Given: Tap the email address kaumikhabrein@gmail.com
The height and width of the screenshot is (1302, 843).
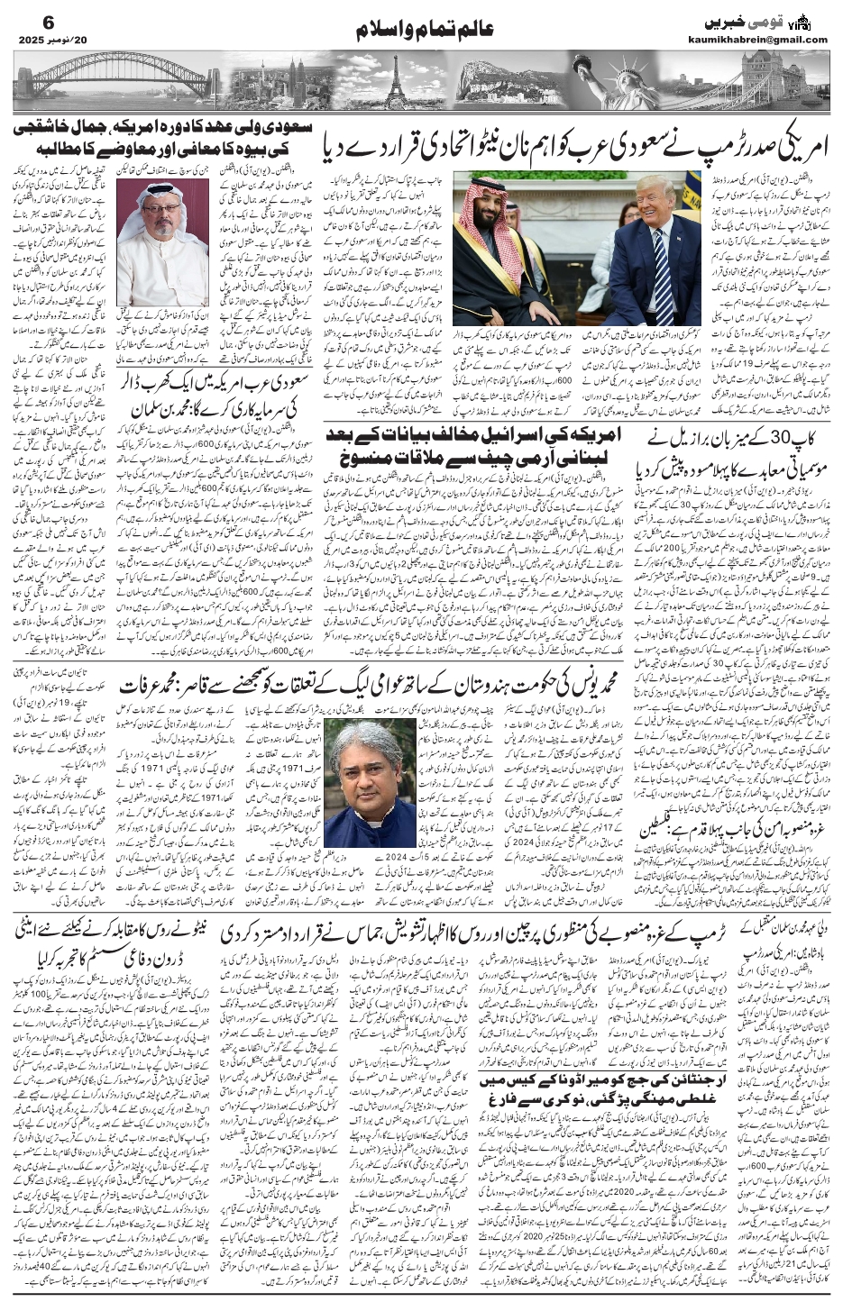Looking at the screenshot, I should click(x=768, y=39).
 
